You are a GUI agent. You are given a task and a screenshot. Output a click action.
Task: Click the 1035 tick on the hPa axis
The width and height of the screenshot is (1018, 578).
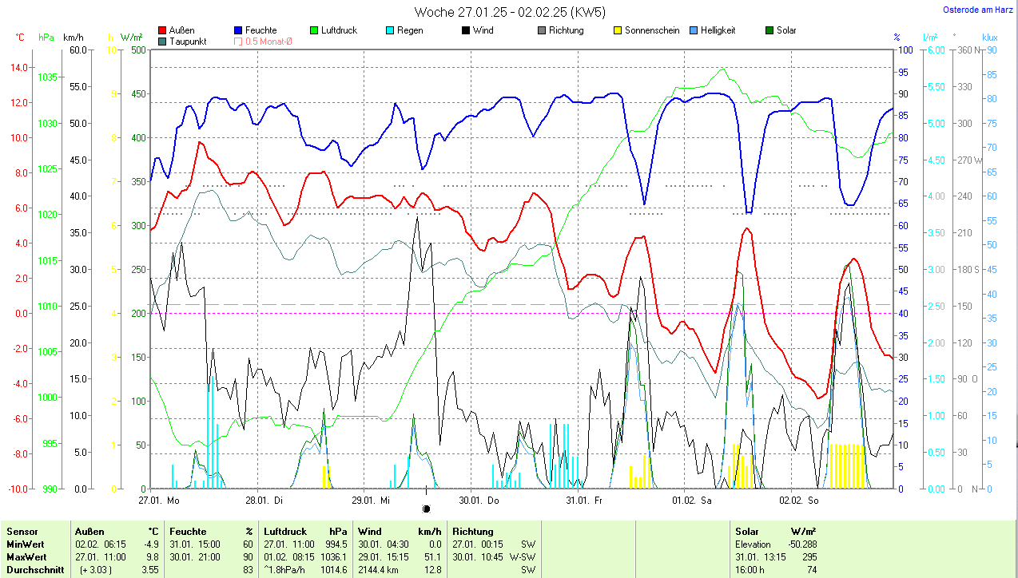(x=48, y=77)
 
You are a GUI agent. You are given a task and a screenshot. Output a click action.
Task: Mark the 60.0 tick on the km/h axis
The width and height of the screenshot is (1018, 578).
(x=78, y=49)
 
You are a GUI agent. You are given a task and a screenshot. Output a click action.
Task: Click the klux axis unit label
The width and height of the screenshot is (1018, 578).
(x=990, y=37)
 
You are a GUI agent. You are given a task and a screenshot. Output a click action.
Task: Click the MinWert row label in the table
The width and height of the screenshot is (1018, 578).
(x=26, y=544)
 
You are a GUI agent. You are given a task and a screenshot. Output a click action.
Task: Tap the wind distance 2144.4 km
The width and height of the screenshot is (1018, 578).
(x=380, y=570)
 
